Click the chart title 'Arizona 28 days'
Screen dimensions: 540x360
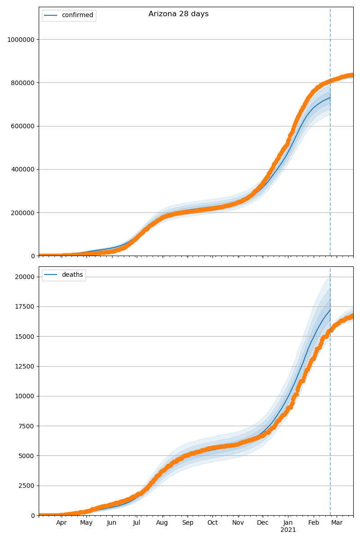point(178,14)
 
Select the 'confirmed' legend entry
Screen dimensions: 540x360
point(77,15)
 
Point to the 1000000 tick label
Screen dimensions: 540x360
point(21,40)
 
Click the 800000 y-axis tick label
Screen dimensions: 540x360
point(23,83)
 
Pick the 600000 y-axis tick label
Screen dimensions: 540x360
point(23,126)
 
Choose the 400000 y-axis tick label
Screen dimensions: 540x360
point(23,169)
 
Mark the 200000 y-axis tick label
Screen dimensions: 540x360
point(23,212)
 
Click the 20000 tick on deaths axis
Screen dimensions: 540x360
point(25,277)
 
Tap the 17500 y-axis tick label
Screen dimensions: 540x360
point(25,306)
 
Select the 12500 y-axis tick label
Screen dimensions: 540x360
point(25,366)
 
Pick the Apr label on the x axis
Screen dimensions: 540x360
point(62,523)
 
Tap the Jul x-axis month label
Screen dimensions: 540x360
point(136,523)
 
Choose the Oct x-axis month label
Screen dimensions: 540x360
point(212,523)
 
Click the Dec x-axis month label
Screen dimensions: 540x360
point(263,523)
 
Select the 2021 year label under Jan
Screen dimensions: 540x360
point(288,530)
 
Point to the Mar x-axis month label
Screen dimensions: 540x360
point(337,523)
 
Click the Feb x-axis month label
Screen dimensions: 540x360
point(314,523)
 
